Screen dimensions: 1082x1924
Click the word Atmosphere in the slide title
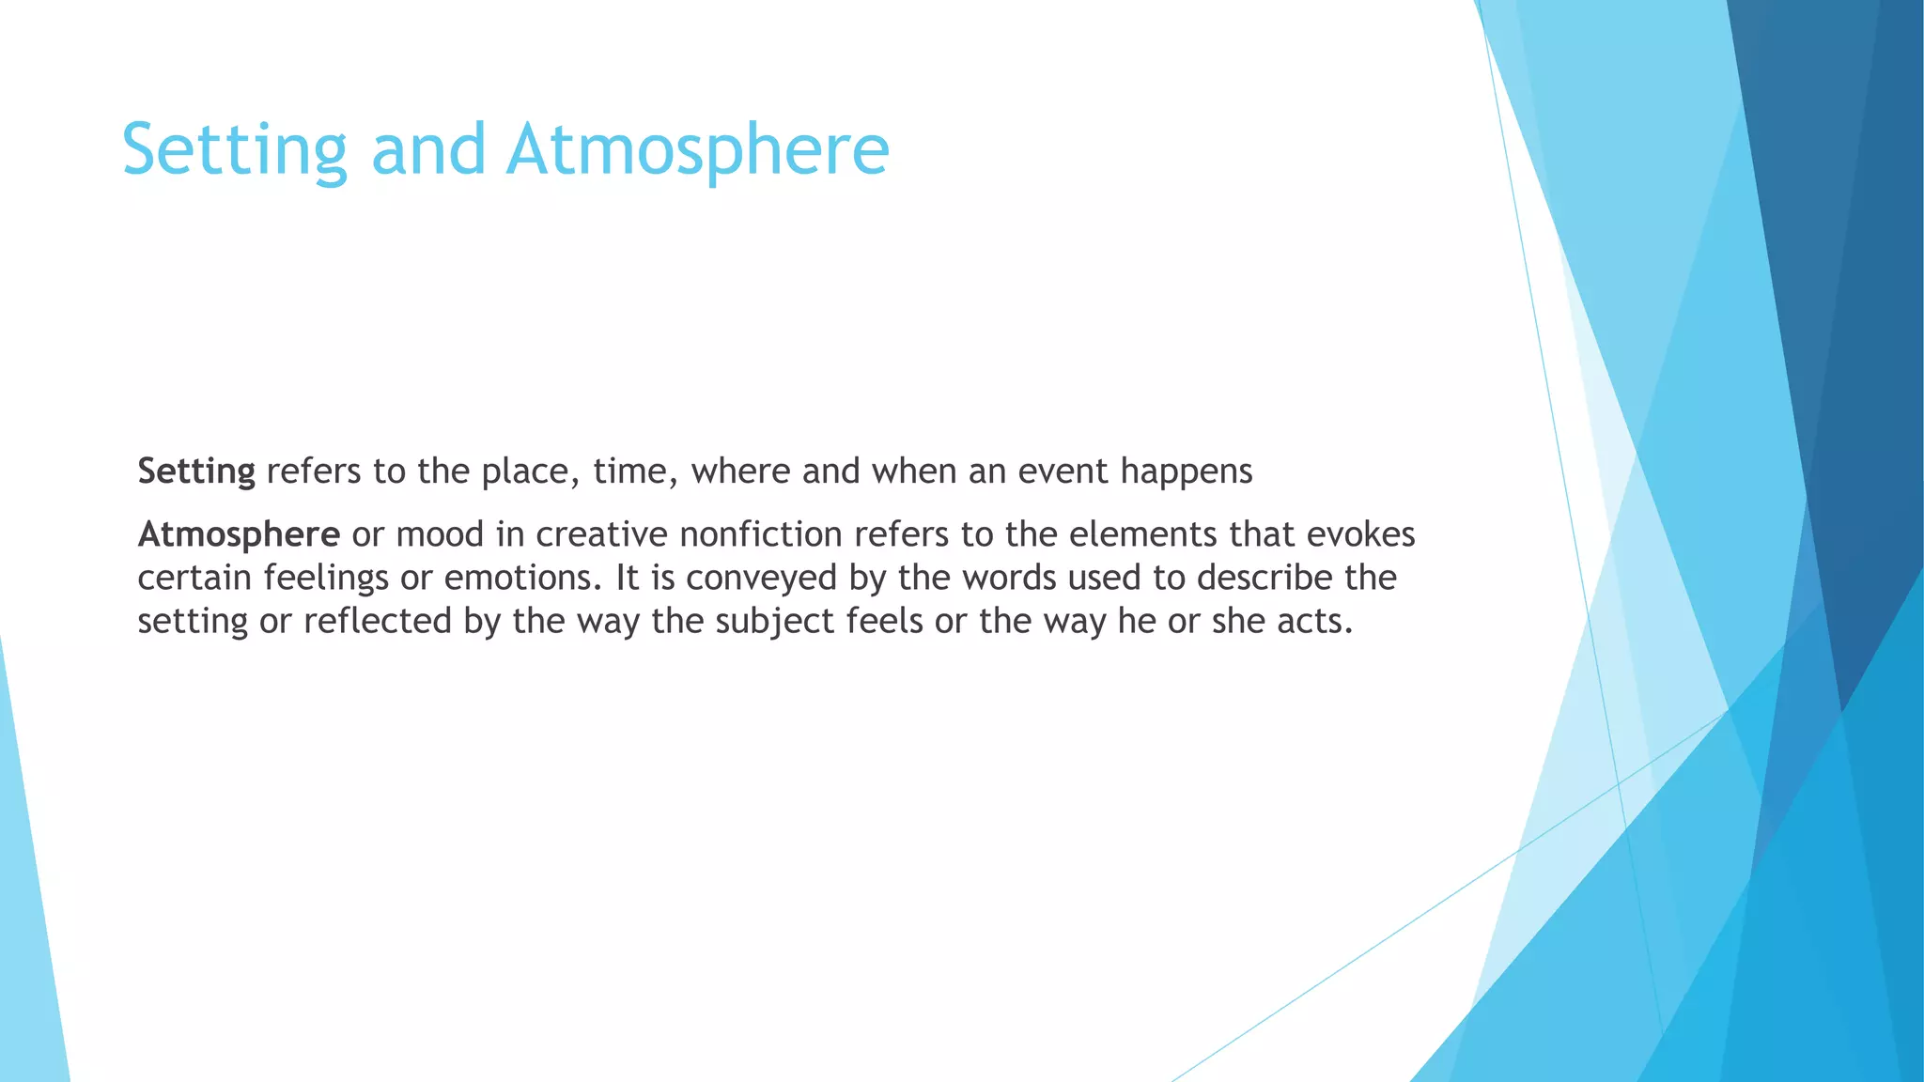point(697,149)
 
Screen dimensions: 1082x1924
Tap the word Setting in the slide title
point(235,149)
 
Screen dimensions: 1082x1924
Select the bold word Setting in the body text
point(196,471)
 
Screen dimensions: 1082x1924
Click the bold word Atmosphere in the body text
point(239,535)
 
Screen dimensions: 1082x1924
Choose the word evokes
point(1360,535)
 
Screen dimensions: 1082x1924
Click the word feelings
point(325,579)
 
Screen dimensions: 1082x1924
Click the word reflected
point(378,622)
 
